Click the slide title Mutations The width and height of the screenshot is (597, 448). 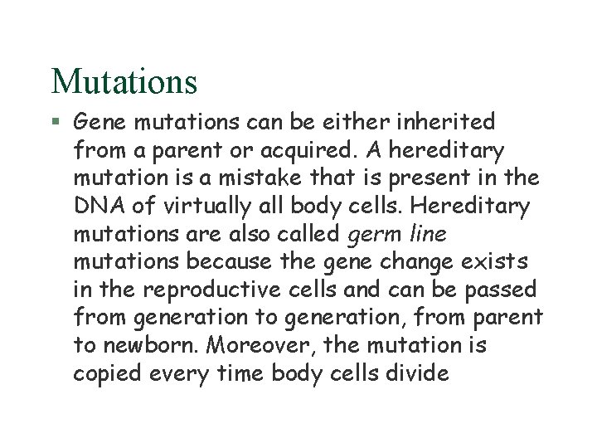click(124, 81)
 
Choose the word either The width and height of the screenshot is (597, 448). click(349, 123)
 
